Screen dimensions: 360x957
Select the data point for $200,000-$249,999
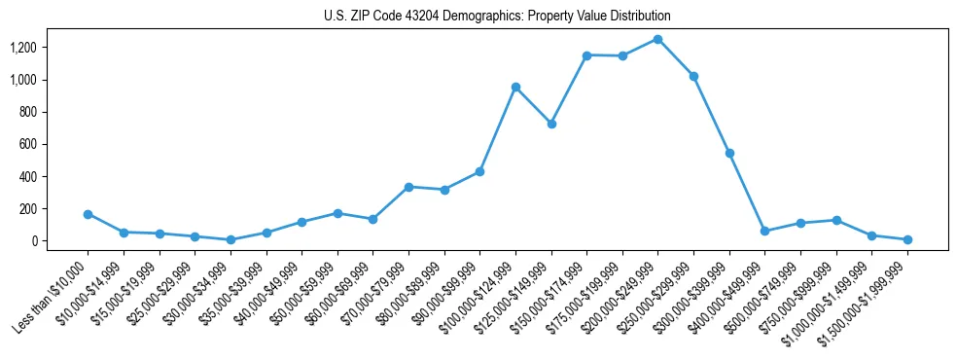(658, 39)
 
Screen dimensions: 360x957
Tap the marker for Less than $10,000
(88, 214)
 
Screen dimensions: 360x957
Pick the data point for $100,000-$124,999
(515, 88)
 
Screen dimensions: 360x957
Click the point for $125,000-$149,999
(551, 124)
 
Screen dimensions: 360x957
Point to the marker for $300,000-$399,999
(729, 153)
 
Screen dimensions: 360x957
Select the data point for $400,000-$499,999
(764, 231)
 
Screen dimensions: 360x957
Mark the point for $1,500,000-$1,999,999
(907, 239)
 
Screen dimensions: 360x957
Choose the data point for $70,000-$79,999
(408, 187)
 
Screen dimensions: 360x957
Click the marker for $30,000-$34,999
(230, 239)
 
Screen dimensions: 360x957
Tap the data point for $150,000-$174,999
(586, 55)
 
